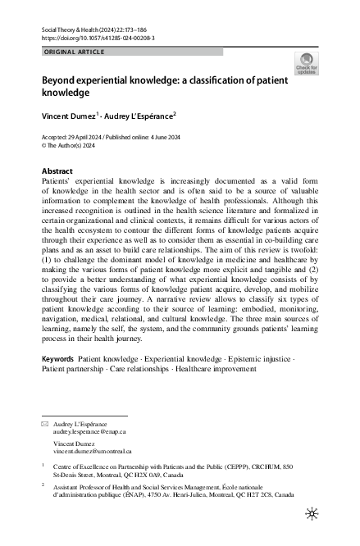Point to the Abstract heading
[57, 171]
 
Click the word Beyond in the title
[60, 84]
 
